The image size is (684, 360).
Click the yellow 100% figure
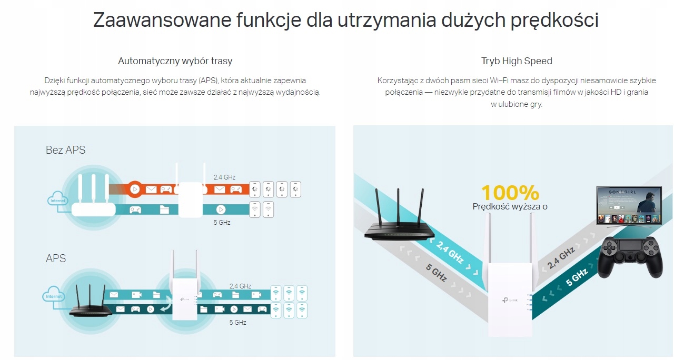pos(510,193)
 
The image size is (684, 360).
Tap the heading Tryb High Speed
pos(517,61)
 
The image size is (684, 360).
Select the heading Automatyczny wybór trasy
pos(175,61)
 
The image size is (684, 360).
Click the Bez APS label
pos(65,150)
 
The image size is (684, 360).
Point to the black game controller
pos(630,256)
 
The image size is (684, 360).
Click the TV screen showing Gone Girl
pos(626,205)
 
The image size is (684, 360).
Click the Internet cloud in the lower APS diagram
pos(54,296)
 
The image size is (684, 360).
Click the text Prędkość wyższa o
pos(510,207)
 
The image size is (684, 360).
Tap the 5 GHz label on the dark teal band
pos(577,277)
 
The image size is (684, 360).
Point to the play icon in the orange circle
pos(135,189)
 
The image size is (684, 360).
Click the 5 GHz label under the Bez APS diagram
pos(222,223)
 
